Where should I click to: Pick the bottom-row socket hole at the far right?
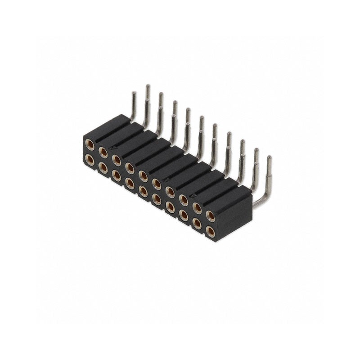[210, 231]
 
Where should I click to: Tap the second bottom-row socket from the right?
[197, 223]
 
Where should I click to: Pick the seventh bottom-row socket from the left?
[170, 207]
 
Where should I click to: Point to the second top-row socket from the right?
[197, 208]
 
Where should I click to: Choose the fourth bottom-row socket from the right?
[170, 207]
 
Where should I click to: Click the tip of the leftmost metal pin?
[134, 93]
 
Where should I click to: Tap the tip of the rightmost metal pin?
[269, 158]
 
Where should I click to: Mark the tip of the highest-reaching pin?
[147, 86]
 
